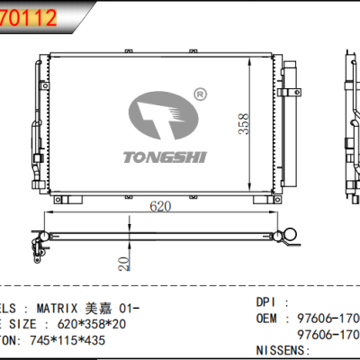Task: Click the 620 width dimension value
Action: pos(160,207)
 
